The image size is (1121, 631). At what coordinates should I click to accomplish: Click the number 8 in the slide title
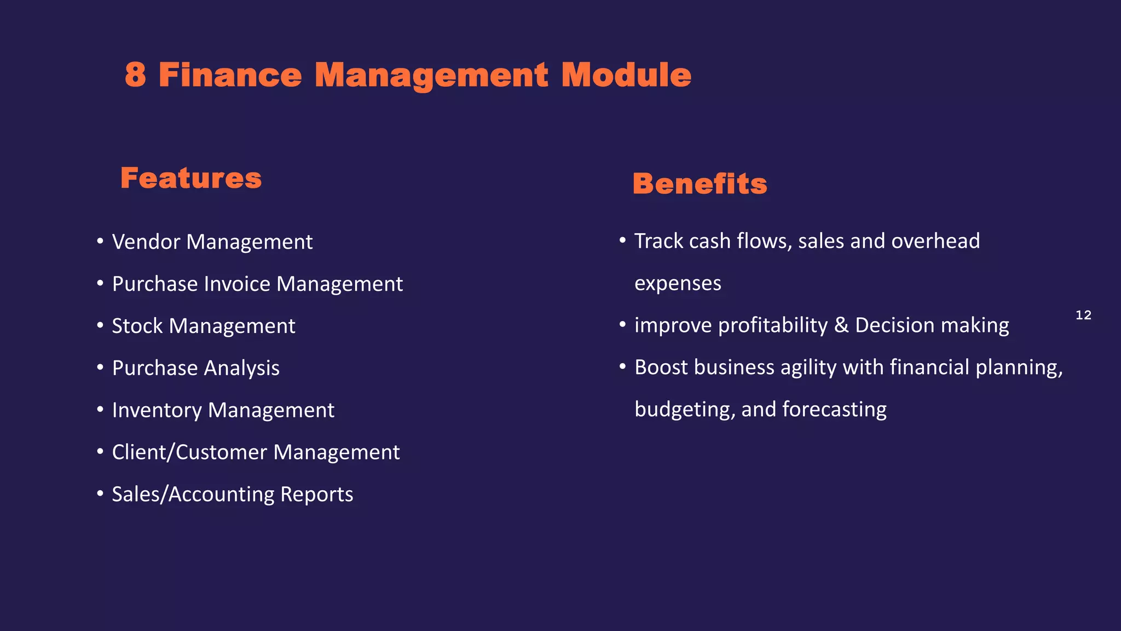click(136, 74)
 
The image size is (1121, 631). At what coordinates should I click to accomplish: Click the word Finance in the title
click(230, 74)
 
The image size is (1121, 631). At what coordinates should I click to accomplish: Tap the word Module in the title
click(626, 74)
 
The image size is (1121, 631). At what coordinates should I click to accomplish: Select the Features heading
click(191, 178)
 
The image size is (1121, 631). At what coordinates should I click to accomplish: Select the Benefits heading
click(700, 183)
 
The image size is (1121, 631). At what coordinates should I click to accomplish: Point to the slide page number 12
click(1083, 315)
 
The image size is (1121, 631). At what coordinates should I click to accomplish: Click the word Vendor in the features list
click(146, 242)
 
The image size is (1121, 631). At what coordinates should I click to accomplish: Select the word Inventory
click(157, 410)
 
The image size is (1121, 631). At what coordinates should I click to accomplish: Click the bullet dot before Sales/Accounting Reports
click(100, 494)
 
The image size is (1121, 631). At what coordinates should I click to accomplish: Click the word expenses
click(678, 284)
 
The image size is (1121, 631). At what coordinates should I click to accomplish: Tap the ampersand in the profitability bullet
click(841, 325)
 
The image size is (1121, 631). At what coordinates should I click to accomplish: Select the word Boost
click(661, 367)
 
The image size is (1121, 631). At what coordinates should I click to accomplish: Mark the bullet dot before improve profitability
click(622, 325)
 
